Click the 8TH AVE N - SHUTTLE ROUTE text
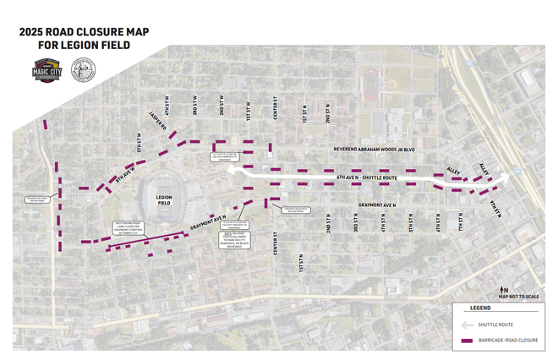coord(367,178)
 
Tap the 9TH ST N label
coord(495,210)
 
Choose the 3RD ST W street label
coord(194,109)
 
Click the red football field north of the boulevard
coord(370,85)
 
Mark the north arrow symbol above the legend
coord(503,289)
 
